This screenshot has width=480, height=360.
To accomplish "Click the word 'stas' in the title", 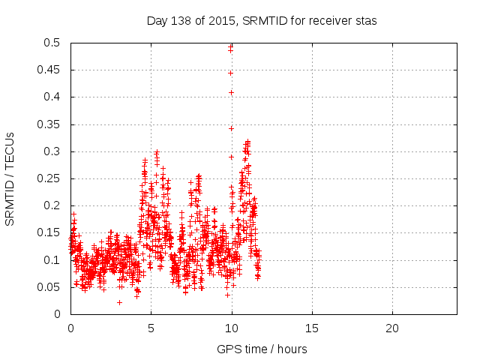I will [365, 20].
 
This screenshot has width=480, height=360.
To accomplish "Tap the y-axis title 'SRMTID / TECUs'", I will [10, 178].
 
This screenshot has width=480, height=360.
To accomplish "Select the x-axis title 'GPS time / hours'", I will [262, 349].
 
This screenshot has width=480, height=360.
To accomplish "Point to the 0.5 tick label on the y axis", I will [52, 43].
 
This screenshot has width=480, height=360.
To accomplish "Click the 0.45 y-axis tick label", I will [49, 70].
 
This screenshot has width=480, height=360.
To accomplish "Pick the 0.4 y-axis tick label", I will [52, 97].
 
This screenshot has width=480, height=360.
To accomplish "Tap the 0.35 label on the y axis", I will [49, 124].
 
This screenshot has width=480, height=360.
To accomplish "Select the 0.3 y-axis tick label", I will [52, 151].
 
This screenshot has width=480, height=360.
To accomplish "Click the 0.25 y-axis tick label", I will [49, 178].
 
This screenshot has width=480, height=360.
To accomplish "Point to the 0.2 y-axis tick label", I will [52, 205].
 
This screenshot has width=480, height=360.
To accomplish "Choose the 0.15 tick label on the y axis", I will [49, 232].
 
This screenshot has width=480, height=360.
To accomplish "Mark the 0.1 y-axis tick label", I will [52, 259].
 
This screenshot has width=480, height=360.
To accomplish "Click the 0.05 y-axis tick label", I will [49, 287].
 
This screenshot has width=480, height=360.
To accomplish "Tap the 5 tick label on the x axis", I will [151, 328].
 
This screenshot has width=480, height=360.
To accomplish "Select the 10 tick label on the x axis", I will [231, 328].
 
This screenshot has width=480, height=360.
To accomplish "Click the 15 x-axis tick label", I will [311, 328].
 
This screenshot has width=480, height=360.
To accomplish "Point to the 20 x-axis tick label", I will [391, 328].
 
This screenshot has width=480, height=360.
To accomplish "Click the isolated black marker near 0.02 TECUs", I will [119, 302].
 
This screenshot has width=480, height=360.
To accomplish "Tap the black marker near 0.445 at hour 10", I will [230, 73].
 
